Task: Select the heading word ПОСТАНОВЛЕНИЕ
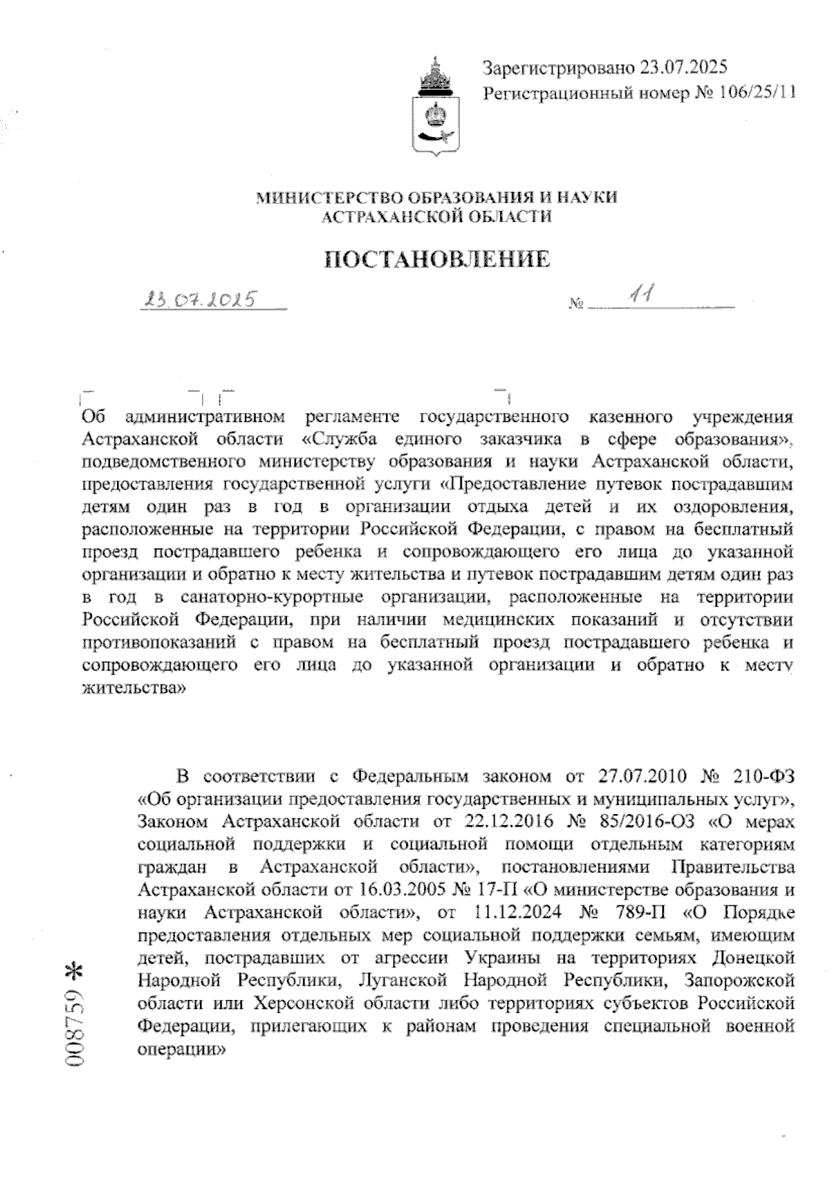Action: (x=438, y=260)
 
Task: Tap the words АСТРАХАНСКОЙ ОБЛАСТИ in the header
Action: (x=435, y=217)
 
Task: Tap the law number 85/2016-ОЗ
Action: (x=647, y=822)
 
